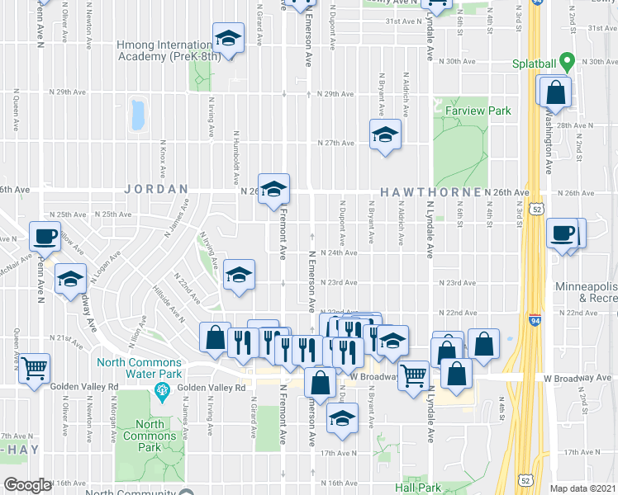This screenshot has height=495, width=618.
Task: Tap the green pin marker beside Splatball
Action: [x=566, y=62]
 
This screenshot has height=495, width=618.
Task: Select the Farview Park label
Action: [x=478, y=111]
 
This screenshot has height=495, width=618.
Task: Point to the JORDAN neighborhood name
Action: [x=156, y=189]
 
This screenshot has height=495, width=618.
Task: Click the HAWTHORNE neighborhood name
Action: [x=430, y=192]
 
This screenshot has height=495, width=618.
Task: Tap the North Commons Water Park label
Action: [x=139, y=368]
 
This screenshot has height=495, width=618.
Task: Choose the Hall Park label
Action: [x=417, y=488]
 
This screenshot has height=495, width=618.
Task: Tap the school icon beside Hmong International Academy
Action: [x=228, y=38]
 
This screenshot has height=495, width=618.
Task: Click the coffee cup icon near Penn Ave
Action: [x=45, y=236]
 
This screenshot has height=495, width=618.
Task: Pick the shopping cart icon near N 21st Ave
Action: [x=34, y=368]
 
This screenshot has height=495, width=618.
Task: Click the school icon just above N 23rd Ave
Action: [x=239, y=275]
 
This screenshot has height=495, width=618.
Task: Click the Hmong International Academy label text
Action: [x=164, y=51]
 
